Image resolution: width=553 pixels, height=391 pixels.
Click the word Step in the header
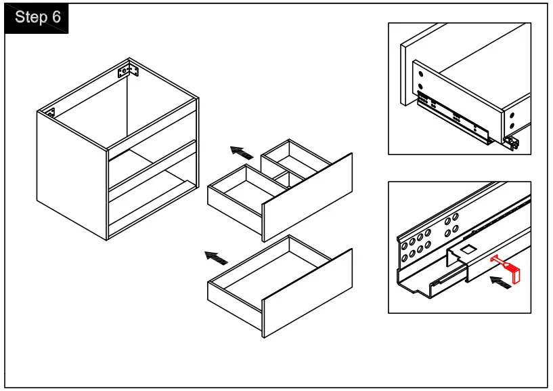click(29, 18)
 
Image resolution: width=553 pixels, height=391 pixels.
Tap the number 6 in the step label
click(56, 18)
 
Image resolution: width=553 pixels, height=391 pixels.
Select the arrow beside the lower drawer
click(216, 258)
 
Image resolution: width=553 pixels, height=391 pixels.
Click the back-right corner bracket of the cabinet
click(127, 70)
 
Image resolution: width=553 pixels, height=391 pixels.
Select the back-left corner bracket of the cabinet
click(51, 112)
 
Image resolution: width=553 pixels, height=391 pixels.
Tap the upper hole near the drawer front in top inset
click(419, 73)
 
